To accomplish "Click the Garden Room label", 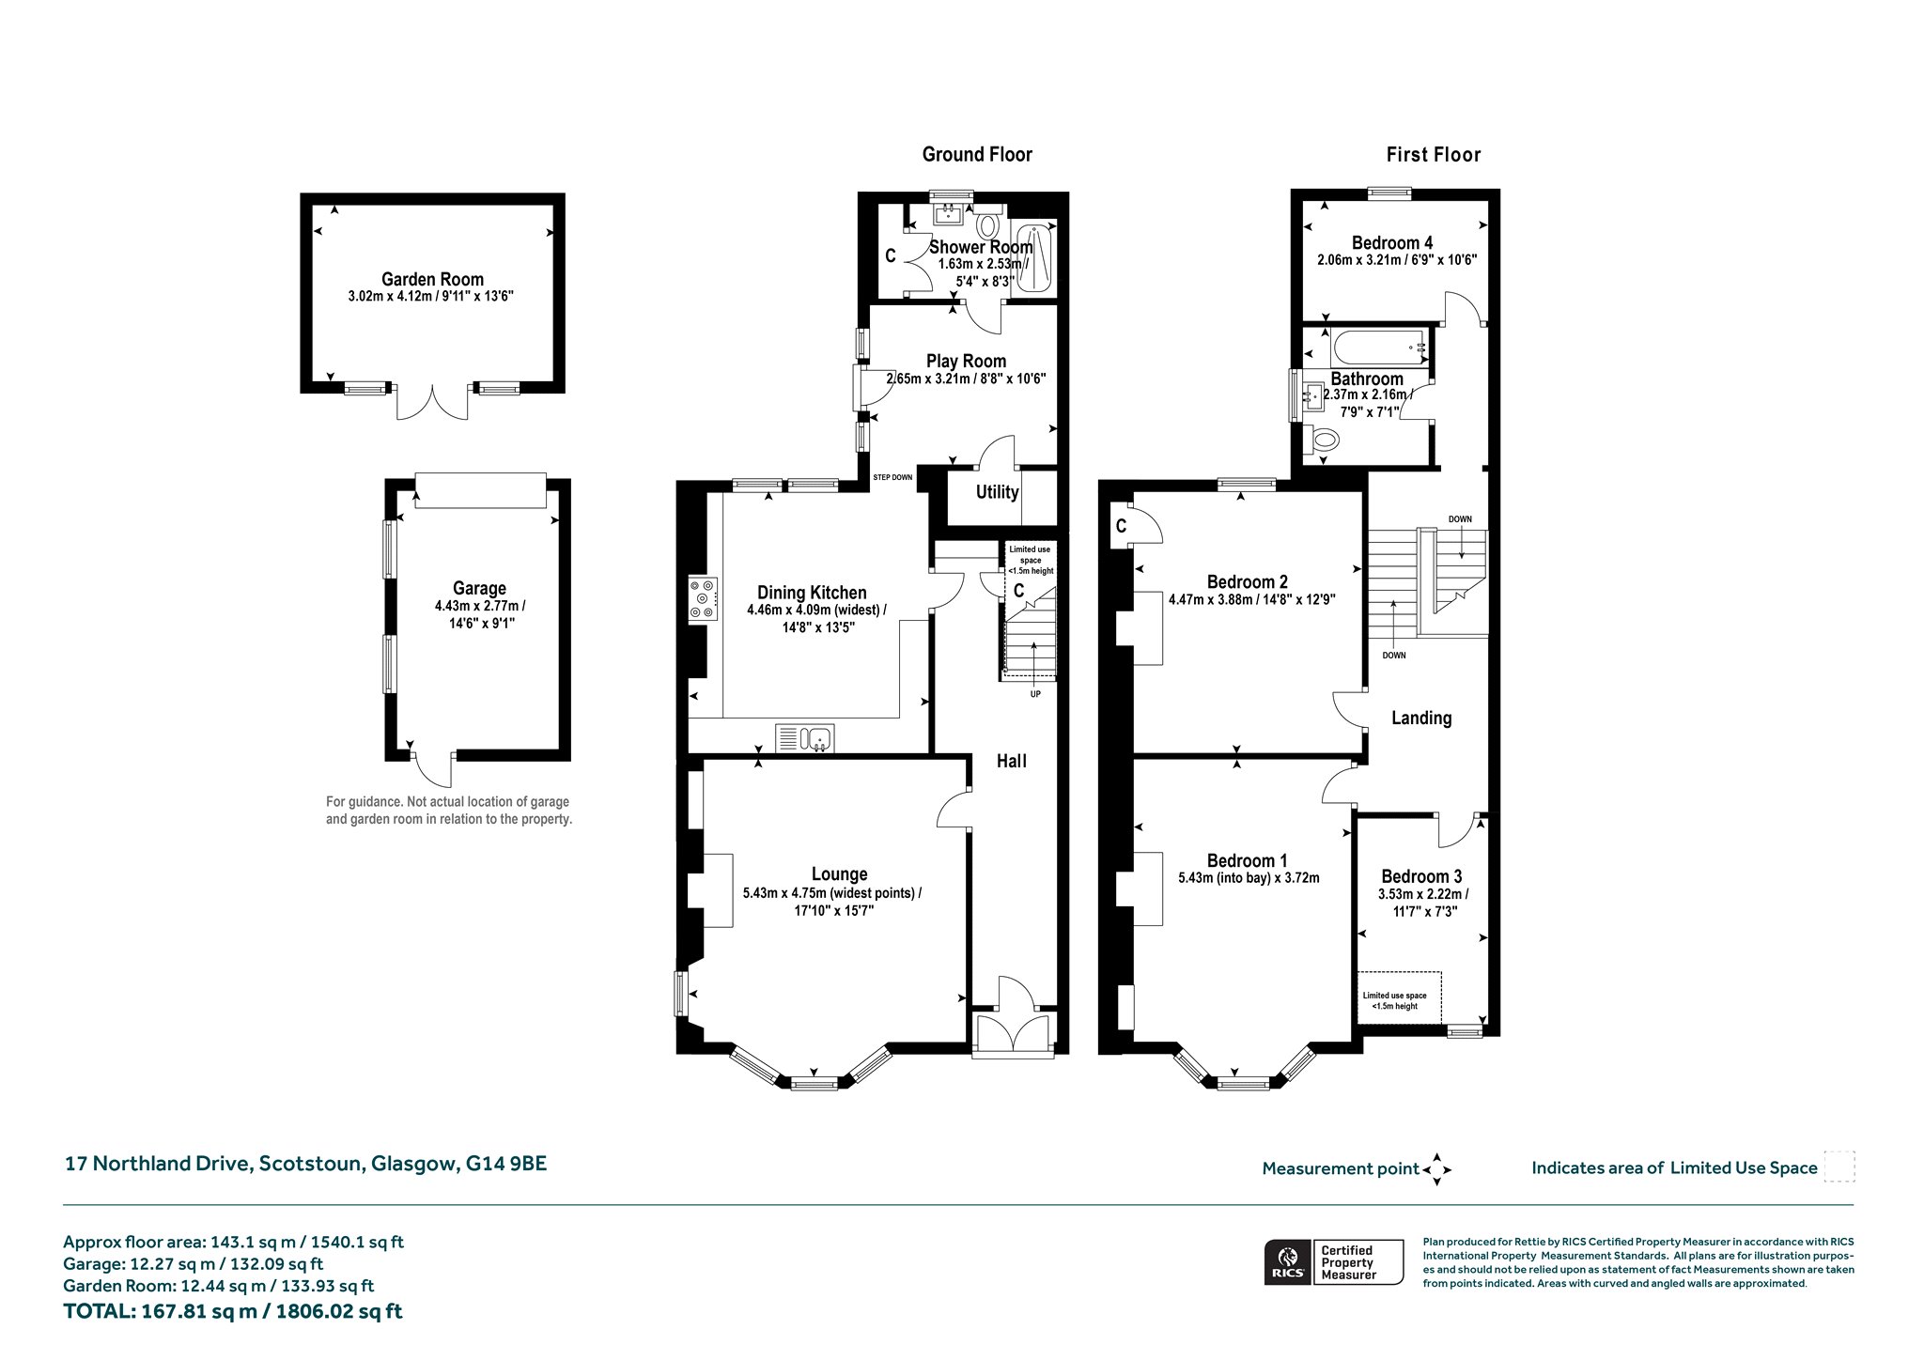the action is pos(432,279).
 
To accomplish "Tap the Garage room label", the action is pos(479,589).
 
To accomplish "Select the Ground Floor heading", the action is pos(977,155).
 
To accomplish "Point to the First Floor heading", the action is pos(1434,155).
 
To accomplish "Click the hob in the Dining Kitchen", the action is pos(703,598).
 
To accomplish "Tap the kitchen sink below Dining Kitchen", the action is pos(805,738).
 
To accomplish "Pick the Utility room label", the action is pos(997,492).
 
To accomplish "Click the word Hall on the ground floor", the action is pos(1012,761).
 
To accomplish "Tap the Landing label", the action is pos(1421,719).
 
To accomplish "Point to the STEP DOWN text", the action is pos(892,477).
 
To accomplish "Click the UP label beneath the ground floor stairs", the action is pos(1035,694).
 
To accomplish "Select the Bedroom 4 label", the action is pos(1392,243).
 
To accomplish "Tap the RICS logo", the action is pos(1285,1261).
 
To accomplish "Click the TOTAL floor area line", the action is pos(233,1311).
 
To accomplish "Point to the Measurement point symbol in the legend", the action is pos(1437,1169).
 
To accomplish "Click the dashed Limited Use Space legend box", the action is pos(1839,1167).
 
